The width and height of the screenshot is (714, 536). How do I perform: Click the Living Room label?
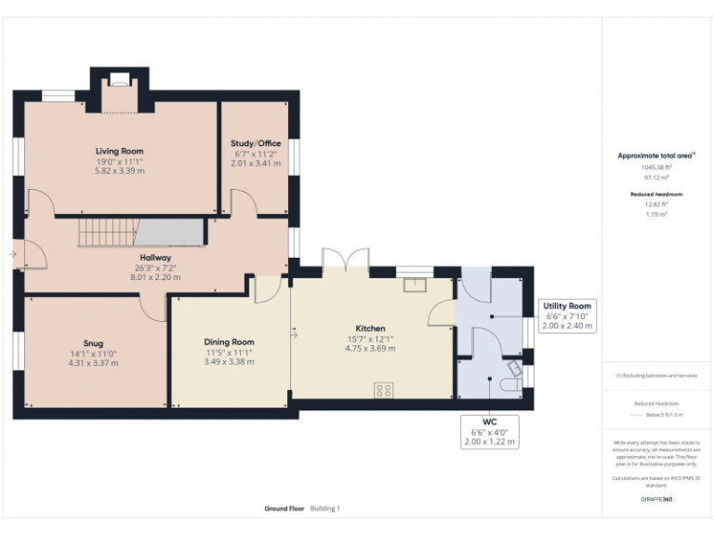click(120, 151)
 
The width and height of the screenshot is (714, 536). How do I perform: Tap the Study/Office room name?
click(256, 142)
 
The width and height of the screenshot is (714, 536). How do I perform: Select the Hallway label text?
click(155, 257)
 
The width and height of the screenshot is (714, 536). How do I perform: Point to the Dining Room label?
click(230, 342)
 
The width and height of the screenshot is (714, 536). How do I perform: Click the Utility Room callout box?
click(567, 316)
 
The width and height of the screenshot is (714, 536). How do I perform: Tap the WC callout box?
click(489, 432)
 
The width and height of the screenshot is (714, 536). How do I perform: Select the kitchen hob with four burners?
click(384, 390)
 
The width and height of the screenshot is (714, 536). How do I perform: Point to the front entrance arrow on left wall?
click(13, 253)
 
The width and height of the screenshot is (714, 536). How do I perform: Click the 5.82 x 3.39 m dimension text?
click(120, 171)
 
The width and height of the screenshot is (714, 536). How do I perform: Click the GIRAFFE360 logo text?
click(655, 500)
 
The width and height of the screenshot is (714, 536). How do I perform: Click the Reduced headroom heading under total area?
click(655, 194)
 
